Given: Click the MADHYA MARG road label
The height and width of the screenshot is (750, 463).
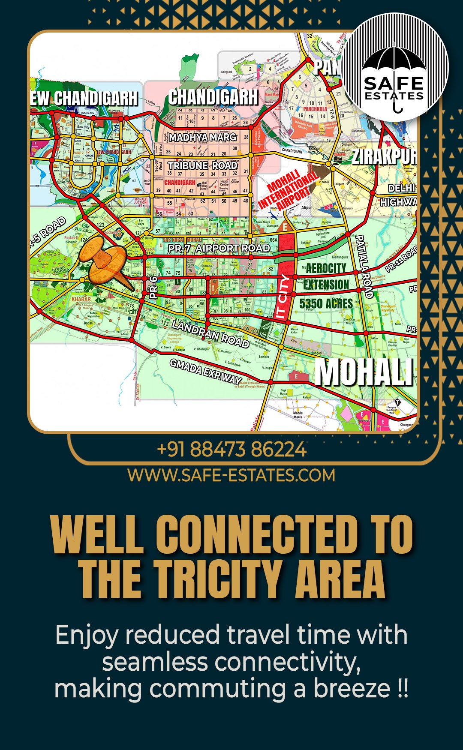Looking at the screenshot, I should point(202,137).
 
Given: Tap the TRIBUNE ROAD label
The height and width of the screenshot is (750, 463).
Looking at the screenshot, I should point(202,165).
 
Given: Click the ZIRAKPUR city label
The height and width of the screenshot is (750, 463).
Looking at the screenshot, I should point(384,156).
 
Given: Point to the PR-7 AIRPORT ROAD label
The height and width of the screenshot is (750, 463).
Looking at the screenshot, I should point(219,248).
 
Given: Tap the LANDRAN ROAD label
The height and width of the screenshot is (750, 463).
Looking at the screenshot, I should point(210,333).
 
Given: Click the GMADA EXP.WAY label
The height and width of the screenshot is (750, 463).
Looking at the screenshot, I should point(205,371).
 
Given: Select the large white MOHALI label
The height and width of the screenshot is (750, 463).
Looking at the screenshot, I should point(364,372).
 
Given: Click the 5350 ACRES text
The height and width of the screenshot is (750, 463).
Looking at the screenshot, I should point(326,304).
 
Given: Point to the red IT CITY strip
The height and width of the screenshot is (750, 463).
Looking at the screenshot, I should point(284,291).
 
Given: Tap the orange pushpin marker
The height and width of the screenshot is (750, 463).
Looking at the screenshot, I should point(104,262).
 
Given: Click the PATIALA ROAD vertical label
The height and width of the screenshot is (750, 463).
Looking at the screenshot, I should point(364,266).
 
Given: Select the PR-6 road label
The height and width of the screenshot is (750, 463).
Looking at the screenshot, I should point(153,287).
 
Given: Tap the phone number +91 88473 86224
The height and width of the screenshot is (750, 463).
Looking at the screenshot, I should point(231,449).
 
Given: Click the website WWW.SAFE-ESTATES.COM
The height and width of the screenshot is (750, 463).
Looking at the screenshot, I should point(231,475).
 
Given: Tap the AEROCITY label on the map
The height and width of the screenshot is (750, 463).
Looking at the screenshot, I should point(326,269).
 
